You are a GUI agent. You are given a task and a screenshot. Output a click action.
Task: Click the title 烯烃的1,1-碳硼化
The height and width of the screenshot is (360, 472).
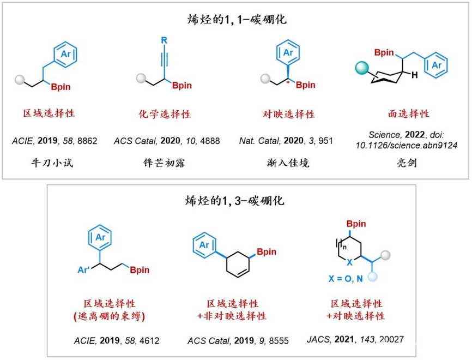[x=237, y=20]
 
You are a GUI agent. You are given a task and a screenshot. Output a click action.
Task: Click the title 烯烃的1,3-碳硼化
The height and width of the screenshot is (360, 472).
[x=235, y=200]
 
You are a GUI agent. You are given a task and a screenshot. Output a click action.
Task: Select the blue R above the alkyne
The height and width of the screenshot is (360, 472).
[x=164, y=40]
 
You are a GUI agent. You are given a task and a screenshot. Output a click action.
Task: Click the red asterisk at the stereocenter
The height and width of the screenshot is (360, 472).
[x=288, y=82]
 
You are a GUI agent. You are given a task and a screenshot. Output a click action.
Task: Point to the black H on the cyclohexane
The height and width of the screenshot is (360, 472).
[x=415, y=75]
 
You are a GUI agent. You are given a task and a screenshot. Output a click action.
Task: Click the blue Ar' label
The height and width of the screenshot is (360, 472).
[x=83, y=269]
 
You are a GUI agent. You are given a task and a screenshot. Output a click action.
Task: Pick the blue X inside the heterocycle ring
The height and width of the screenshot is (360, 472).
[x=349, y=262]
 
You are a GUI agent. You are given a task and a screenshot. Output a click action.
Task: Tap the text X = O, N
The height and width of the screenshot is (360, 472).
[x=345, y=279]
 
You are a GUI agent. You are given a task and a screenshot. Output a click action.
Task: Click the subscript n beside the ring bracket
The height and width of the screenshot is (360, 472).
[x=344, y=247]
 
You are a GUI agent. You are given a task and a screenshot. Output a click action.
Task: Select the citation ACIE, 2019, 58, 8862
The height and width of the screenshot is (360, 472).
[x=55, y=141]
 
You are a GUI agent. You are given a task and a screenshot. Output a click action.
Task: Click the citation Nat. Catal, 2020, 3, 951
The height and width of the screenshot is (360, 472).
[x=286, y=141]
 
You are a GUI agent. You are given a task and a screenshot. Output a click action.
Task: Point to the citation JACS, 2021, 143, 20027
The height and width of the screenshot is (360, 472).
[x=355, y=339]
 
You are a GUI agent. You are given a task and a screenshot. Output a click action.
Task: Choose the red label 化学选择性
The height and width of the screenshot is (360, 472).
[x=165, y=114]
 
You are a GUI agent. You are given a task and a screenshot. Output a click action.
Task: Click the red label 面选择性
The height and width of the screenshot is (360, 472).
[x=408, y=113]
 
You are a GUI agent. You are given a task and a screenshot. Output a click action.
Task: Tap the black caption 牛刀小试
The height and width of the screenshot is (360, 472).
[x=52, y=163]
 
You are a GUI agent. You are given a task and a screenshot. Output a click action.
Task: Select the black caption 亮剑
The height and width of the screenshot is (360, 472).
[x=407, y=163]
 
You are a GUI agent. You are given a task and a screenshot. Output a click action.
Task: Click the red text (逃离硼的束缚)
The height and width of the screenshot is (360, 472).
[x=109, y=316]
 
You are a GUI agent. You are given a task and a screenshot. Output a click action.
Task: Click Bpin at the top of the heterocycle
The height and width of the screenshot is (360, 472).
[x=356, y=224]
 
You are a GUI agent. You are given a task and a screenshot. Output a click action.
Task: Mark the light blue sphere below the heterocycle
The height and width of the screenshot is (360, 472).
[x=373, y=276]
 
